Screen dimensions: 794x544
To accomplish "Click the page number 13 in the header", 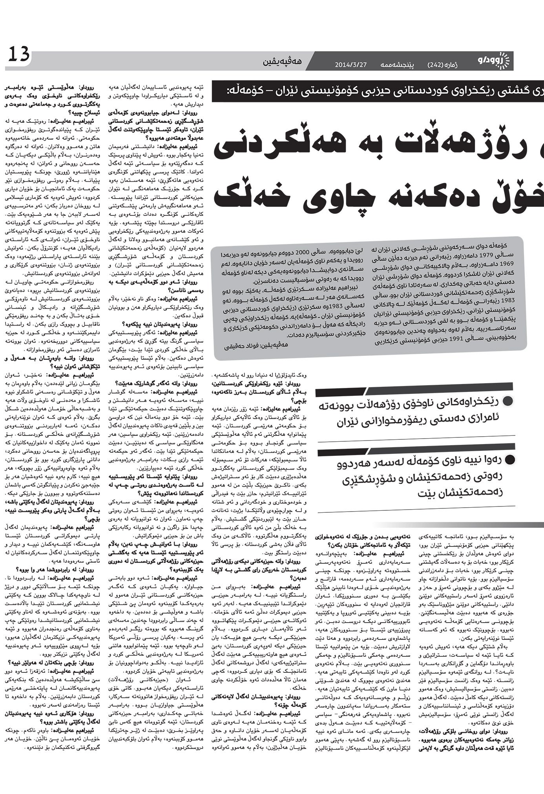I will [18, 55].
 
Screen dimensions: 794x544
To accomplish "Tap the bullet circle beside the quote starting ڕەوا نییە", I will [509, 459].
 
